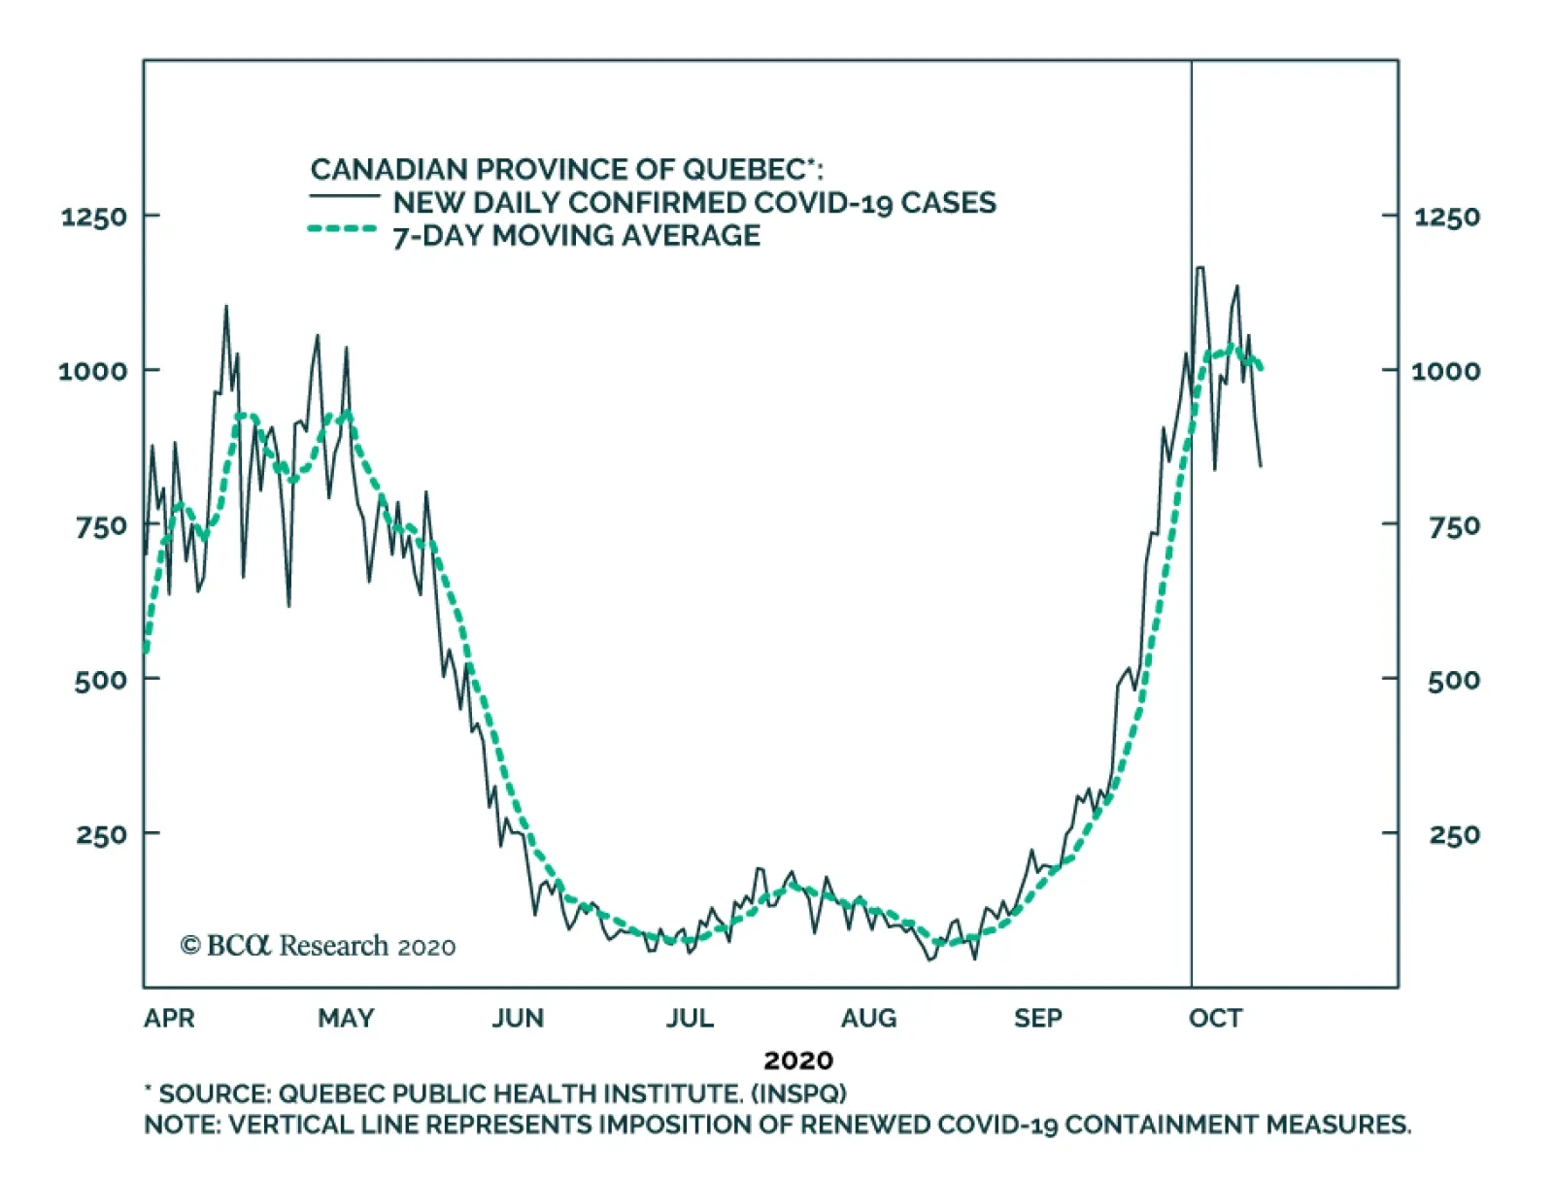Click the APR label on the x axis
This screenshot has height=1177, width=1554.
(169, 1018)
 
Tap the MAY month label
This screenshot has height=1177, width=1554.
(346, 1018)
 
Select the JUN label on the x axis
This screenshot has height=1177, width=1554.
(518, 1018)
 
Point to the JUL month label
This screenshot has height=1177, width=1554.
(690, 1018)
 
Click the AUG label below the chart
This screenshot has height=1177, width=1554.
(868, 1018)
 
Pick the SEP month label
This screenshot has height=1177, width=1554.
(1037, 1018)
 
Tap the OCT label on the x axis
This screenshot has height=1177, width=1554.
(1215, 1018)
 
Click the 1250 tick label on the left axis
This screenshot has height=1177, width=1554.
(94, 217)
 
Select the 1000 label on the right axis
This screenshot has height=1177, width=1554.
(1445, 371)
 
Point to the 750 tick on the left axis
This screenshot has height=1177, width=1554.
(101, 526)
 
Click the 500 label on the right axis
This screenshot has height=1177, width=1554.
(1453, 680)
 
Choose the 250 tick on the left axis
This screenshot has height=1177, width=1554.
(101, 834)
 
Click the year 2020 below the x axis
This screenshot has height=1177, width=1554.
(797, 1059)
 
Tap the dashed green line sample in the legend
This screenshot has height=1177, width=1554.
(342, 230)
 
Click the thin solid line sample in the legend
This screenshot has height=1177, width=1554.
(344, 197)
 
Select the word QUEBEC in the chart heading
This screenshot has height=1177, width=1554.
(742, 169)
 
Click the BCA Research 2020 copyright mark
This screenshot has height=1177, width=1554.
(318, 945)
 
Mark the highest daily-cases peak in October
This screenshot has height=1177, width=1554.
(1201, 267)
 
